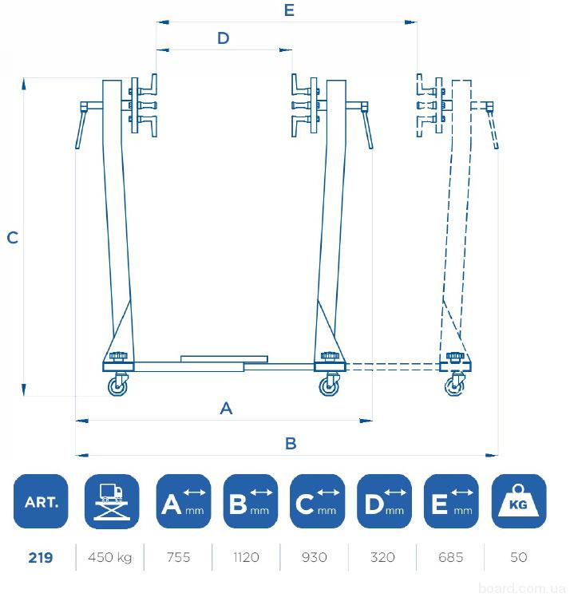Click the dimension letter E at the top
coord(289,10)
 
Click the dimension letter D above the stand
coord(224,38)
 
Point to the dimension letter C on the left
coord(13,238)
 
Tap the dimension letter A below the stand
coord(226,409)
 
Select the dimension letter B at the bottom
coord(291,444)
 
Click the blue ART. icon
coord(41,501)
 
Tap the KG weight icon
coord(518,501)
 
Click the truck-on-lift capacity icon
coord(112,501)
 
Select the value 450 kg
coord(110,557)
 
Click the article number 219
coord(41,557)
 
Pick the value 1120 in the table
coord(247,557)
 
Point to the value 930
coord(315,557)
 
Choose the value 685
coord(450,557)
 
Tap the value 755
coord(178,557)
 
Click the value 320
coord(382,557)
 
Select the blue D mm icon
coord(384,501)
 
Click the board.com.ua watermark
coord(522,588)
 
